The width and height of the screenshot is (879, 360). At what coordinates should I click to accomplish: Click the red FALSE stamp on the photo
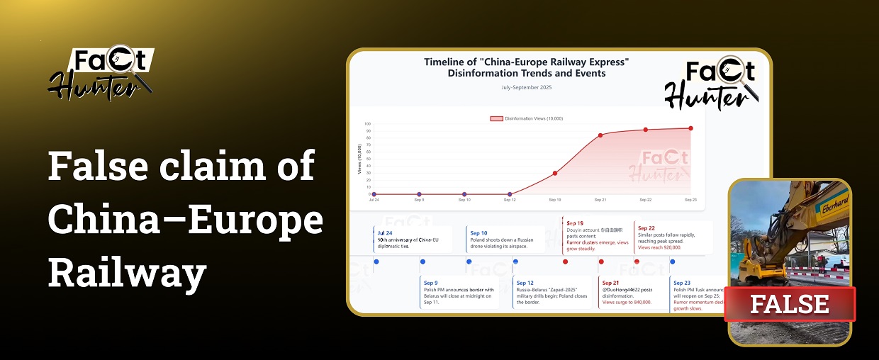(790, 304)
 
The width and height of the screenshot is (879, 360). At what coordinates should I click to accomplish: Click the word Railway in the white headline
(128, 271)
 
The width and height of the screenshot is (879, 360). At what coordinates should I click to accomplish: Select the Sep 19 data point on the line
(555, 173)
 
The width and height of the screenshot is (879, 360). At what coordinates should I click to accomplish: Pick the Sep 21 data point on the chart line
(600, 135)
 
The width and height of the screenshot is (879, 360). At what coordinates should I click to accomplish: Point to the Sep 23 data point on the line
(690, 128)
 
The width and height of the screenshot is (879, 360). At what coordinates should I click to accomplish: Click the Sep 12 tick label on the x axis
(510, 201)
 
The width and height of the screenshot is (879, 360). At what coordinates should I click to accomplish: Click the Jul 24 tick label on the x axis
(374, 201)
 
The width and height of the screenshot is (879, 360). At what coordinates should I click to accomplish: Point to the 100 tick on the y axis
(369, 123)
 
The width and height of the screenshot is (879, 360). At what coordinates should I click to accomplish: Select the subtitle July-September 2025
(526, 87)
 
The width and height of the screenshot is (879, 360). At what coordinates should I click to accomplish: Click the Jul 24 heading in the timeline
(385, 232)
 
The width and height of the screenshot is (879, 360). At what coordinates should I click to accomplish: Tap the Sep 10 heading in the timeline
(478, 232)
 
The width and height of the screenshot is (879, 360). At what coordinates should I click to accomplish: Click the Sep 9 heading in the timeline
(431, 283)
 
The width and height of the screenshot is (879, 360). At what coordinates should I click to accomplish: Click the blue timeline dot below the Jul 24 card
(376, 262)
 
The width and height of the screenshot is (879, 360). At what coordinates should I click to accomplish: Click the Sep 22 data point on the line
(645, 130)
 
